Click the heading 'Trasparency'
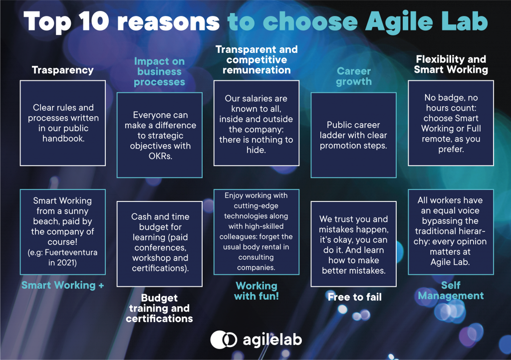[x=62, y=70]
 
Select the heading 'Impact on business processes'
[x=159, y=72]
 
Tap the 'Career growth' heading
[x=354, y=76]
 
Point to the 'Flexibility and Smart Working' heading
[x=451, y=64]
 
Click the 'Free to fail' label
[x=355, y=297]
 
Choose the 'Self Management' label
[x=451, y=290]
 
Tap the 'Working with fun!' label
[x=256, y=291]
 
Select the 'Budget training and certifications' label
[x=159, y=308]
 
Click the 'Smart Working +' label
[x=62, y=285]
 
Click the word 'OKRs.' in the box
[x=160, y=156]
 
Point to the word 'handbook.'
[x=63, y=139]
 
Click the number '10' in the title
[x=94, y=21]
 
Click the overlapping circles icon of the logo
[x=224, y=340]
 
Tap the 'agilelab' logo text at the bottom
[x=272, y=340]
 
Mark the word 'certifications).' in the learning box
[x=160, y=268]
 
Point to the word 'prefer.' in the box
[x=451, y=150]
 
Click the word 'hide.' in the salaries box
[x=256, y=150]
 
